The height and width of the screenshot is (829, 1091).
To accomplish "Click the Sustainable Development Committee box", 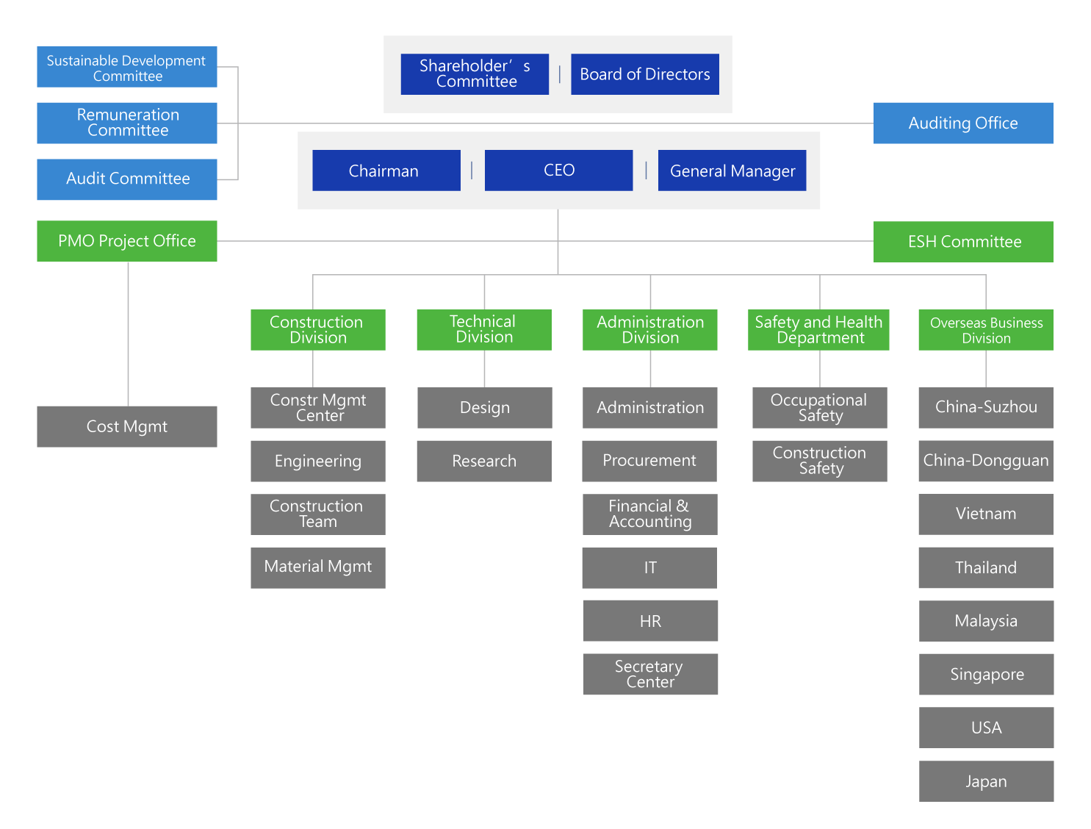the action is click(x=127, y=67).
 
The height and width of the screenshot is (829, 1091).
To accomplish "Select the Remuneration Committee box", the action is click(x=127, y=123).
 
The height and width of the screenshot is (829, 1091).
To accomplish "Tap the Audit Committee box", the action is click(x=127, y=179).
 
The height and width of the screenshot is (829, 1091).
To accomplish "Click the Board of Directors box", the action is click(x=644, y=74).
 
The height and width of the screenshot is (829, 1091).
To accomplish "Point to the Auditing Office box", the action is click(x=962, y=123).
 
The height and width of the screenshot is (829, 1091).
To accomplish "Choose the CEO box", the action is click(x=558, y=170).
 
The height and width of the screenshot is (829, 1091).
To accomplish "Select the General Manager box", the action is click(x=732, y=170).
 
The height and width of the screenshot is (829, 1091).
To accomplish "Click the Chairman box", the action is click(x=386, y=170).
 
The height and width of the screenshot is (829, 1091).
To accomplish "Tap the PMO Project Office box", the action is click(x=127, y=241).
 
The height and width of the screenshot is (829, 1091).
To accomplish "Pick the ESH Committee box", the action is click(x=962, y=242).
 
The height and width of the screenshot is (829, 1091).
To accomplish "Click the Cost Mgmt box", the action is click(x=127, y=426).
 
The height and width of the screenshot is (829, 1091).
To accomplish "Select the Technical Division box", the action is click(x=484, y=329).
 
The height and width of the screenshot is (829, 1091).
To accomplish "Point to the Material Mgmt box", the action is click(x=318, y=567).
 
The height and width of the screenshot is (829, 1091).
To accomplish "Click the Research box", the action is click(x=484, y=461).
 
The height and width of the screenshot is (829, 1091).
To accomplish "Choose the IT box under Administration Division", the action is click(x=649, y=567).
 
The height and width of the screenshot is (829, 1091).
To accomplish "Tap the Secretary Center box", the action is click(x=650, y=674).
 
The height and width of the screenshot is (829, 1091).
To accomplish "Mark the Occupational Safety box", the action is click(x=820, y=408).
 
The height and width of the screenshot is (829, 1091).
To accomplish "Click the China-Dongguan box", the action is click(x=986, y=461).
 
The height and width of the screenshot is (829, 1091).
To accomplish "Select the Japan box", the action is click(x=986, y=780).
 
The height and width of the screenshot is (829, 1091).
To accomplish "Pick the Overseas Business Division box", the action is click(x=986, y=329).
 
